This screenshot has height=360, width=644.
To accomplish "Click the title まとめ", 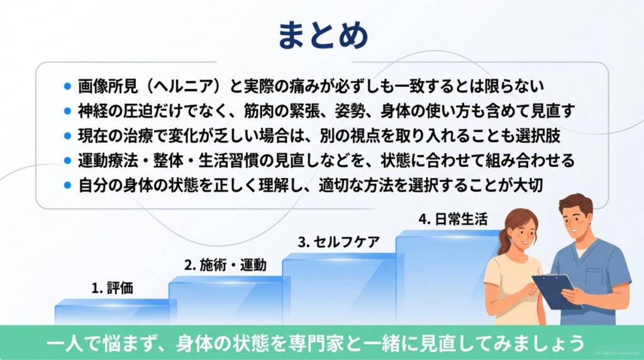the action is [x=323, y=35].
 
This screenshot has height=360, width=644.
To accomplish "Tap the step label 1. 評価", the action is [x=112, y=288].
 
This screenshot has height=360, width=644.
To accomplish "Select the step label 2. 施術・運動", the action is [x=225, y=265].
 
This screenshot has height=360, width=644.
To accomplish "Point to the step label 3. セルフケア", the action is [x=339, y=242].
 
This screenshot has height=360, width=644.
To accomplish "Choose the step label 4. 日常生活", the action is [x=453, y=220].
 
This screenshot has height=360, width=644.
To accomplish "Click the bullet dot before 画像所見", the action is [x=68, y=87].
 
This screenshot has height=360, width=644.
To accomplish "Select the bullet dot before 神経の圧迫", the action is [x=68, y=111].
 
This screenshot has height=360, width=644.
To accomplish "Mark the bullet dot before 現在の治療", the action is [x=68, y=136].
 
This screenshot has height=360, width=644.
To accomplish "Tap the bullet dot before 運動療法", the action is [x=68, y=160].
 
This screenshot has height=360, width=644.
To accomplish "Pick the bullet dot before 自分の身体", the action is [x=68, y=185].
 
